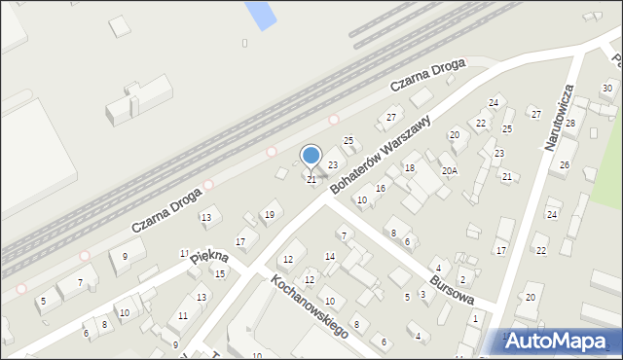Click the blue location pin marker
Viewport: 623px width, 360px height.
coord(311,156)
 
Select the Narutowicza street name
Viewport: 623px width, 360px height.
coord(560,116)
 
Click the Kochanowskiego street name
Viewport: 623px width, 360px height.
coord(310,306)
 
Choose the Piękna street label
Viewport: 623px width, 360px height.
coord(209,256)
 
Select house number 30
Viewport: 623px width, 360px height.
coord(607,89)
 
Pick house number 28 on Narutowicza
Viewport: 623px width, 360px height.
coord(570,123)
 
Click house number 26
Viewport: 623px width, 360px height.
coord(564,164)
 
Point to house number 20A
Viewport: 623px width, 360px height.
coord(449,170)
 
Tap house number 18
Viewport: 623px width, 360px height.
coord(410,167)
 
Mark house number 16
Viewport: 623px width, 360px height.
coord(381,188)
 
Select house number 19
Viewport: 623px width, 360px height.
coord(270,215)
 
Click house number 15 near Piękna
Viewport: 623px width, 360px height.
coord(220,274)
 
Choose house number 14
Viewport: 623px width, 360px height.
coord(330,256)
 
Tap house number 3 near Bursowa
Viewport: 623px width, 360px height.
coord(422,293)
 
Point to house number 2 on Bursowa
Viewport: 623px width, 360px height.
coord(462,279)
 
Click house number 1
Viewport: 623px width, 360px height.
coord(475,318)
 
